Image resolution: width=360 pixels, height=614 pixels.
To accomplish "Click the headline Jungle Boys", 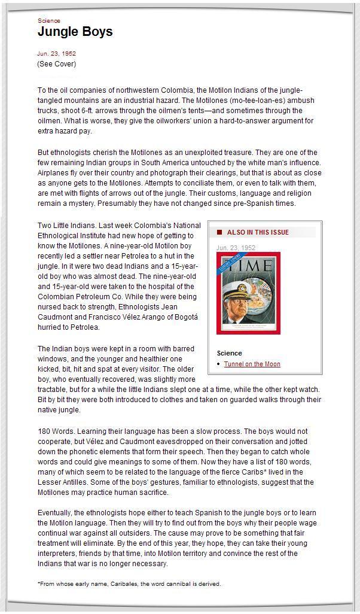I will click(75, 32).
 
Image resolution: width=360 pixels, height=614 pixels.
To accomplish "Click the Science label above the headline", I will click(48, 21).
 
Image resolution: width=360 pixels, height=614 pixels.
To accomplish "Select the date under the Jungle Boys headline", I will click(56, 54).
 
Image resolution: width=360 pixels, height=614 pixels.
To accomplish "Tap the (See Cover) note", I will click(56, 64).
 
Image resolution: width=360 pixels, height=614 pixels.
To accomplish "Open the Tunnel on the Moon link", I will click(252, 364).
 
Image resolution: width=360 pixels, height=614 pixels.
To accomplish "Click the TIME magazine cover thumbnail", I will click(248, 293).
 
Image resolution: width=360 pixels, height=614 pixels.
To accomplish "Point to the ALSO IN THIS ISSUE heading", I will click(258, 232).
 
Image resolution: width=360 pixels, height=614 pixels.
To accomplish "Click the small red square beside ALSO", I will click(219, 232).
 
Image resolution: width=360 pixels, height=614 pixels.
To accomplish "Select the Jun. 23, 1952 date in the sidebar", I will click(236, 248).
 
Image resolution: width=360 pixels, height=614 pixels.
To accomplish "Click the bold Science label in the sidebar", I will click(229, 353).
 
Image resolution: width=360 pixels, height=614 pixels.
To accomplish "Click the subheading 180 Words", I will click(55, 431).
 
